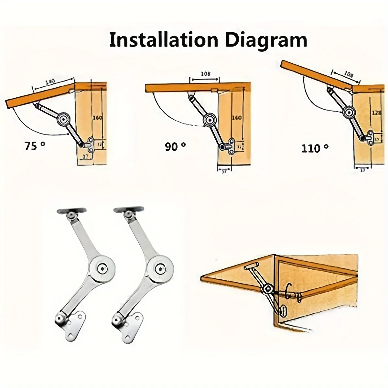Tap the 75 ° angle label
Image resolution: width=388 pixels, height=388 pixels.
pyautogui.click(x=35, y=146)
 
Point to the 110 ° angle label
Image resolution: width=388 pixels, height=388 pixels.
pyautogui.click(x=315, y=148)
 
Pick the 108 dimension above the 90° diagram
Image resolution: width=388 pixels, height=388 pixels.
pyautogui.click(x=206, y=74)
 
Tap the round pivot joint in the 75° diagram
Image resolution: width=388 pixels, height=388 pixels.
pyautogui.click(x=63, y=119)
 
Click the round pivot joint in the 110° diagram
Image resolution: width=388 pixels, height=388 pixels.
pyautogui.click(x=349, y=112)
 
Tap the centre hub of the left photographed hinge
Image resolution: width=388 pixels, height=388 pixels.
pyautogui.click(x=102, y=267)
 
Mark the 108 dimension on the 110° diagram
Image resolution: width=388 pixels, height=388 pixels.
pyautogui.click(x=343, y=74)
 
